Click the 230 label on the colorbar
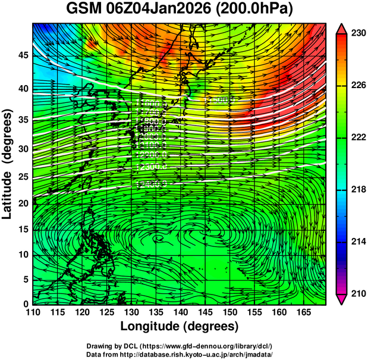point(357,34)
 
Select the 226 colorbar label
point(357,86)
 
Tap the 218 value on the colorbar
point(357,190)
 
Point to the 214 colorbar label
point(357,242)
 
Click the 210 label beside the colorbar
point(357,293)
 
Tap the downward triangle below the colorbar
point(342,299)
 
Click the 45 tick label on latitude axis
point(23,55)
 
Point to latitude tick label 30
point(23,149)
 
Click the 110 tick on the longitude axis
point(33,312)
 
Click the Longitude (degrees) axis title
point(180,326)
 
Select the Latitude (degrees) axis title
point(8,164)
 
